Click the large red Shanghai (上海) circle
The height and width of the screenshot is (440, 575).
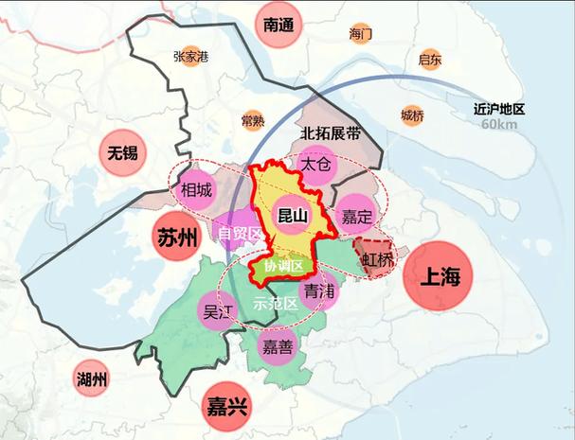[x=438, y=276]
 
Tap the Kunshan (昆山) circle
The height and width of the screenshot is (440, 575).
[x=291, y=217]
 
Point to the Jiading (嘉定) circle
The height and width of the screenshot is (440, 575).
[x=358, y=217]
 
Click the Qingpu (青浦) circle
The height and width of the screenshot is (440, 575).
[x=319, y=290]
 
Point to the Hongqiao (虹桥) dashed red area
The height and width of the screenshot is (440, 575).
[x=377, y=256]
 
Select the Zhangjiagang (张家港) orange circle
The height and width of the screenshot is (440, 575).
[x=190, y=57]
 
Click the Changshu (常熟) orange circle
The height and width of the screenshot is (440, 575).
[x=253, y=120]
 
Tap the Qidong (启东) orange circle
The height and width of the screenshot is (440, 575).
[x=429, y=60]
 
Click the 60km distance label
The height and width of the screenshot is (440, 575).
[x=498, y=124]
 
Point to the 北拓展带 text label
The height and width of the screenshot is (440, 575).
[x=330, y=133]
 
